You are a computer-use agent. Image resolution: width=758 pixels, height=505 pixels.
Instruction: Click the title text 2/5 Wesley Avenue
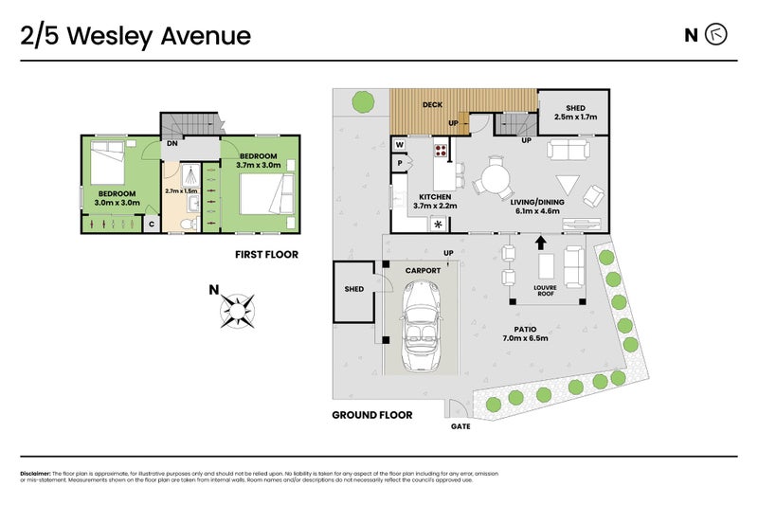(x=135, y=36)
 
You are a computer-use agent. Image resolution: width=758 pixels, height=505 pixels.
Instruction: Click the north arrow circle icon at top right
(x=717, y=36)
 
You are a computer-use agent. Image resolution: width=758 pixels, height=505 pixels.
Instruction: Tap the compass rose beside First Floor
(x=238, y=308)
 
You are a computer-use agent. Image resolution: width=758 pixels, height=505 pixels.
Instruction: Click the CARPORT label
(x=423, y=270)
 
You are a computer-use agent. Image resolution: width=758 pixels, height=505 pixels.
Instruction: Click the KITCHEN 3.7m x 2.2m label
(x=435, y=200)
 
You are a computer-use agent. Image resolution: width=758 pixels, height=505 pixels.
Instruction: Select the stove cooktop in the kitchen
(x=441, y=149)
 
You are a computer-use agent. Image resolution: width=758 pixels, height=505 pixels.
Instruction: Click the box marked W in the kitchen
(x=401, y=145)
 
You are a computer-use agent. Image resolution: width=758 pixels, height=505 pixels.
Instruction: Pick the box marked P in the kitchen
(x=401, y=162)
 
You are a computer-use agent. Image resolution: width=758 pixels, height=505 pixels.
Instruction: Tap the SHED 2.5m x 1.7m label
(x=574, y=113)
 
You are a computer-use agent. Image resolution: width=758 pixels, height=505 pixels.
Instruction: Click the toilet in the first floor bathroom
(x=189, y=221)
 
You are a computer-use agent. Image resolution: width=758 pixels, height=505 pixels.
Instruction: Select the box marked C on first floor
(x=151, y=223)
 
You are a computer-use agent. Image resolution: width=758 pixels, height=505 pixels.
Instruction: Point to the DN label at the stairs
(x=173, y=144)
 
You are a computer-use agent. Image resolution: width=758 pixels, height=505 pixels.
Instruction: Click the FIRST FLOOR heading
(x=266, y=254)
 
